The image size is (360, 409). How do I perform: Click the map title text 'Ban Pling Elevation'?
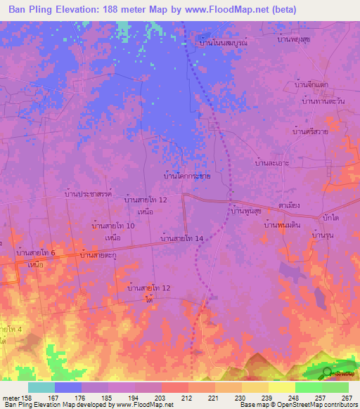click(x=56, y=10)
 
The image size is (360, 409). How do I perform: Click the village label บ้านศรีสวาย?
click(x=311, y=131)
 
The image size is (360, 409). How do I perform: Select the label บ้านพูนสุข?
click(x=247, y=210)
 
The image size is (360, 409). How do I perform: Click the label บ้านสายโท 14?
click(x=182, y=239)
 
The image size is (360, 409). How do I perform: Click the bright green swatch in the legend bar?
click(x=308, y=387)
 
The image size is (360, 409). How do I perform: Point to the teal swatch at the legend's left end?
click(x=41, y=387)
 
